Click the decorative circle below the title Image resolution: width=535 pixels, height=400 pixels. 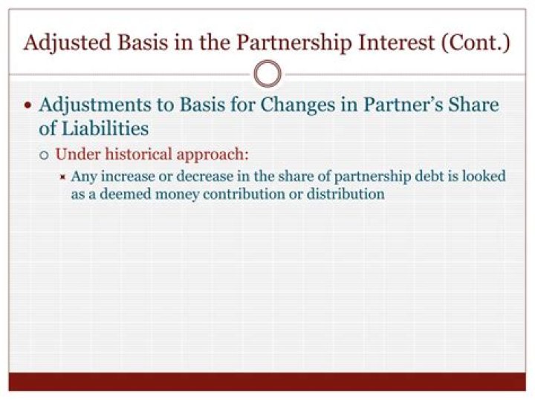click(267, 74)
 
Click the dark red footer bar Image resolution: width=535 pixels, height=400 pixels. click(267, 381)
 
